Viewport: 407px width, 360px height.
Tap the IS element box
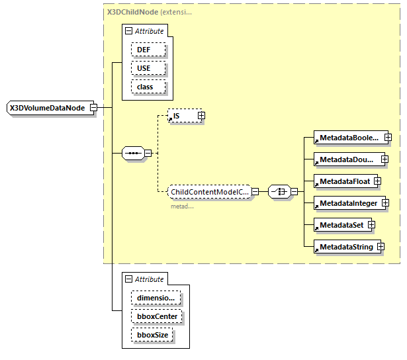[182, 116]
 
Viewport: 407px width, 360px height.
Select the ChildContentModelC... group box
[208, 192]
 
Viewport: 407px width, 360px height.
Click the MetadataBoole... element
[348, 138]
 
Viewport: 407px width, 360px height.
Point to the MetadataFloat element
[343, 181]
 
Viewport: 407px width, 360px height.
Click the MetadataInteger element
[347, 203]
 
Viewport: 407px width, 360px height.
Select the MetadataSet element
[340, 225]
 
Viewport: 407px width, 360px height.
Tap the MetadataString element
[344, 247]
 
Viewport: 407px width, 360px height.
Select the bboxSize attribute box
[152, 335]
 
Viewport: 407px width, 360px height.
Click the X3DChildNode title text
[132, 12]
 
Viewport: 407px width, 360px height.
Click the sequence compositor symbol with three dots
[133, 154]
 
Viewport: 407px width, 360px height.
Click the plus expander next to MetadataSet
[371, 225]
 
